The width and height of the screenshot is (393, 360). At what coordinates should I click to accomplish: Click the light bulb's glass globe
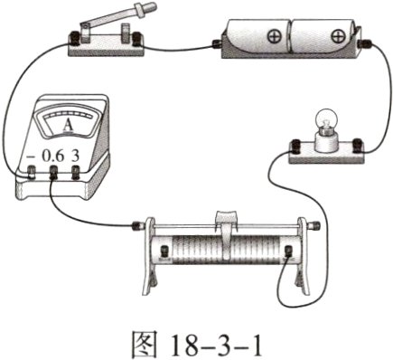click(x=326, y=120)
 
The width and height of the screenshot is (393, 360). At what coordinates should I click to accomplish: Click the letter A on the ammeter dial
click(x=68, y=125)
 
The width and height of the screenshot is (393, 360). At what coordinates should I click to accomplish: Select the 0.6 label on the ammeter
click(x=52, y=156)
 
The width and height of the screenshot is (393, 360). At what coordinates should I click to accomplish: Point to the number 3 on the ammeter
click(x=75, y=156)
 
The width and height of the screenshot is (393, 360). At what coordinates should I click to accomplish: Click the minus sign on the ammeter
click(x=31, y=157)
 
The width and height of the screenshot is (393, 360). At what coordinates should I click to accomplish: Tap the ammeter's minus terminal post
click(x=32, y=172)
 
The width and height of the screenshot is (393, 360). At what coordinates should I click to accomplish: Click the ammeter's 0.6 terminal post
click(x=53, y=173)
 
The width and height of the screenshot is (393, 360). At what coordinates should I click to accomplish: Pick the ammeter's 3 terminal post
click(x=76, y=173)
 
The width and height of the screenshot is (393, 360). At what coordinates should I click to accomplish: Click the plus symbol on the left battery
click(x=275, y=37)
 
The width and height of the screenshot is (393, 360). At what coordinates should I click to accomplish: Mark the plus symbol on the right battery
click(x=338, y=37)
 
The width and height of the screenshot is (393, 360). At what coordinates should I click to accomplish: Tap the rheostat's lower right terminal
click(x=289, y=251)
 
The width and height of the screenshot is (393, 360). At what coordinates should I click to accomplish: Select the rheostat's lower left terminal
click(x=164, y=251)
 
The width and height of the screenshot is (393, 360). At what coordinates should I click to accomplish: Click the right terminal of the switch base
click(x=137, y=39)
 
